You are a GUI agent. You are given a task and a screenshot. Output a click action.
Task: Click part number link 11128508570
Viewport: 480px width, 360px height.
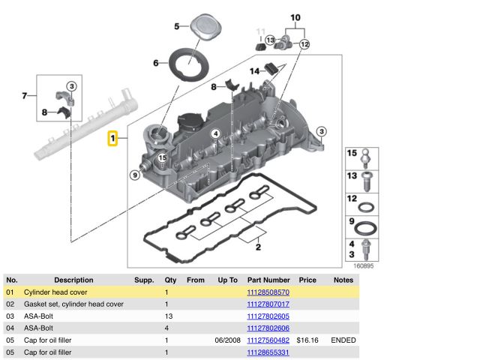point(268,292)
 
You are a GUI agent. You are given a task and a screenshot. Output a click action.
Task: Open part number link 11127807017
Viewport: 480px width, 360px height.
point(268,304)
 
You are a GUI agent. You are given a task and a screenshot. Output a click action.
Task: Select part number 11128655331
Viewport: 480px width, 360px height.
point(268,352)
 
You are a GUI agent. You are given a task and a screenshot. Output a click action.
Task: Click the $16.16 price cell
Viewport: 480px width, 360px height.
point(307,340)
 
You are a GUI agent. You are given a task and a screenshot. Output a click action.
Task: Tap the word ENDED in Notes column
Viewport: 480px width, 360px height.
point(343,340)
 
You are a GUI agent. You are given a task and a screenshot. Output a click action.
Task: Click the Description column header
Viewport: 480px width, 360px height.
point(73,280)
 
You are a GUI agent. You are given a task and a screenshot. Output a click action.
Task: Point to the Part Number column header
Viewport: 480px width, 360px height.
point(268,280)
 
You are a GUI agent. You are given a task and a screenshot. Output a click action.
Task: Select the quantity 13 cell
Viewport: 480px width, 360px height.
point(168,316)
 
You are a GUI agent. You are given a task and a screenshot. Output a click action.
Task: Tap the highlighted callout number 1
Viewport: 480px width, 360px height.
point(112,139)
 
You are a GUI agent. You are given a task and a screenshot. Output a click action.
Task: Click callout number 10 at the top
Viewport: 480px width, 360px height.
point(295,16)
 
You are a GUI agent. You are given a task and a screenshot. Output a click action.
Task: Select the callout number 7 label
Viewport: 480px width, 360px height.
point(24,95)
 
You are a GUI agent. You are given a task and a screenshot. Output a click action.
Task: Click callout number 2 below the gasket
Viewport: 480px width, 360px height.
point(257,245)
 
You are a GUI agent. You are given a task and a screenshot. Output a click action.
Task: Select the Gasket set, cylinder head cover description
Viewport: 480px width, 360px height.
point(73,304)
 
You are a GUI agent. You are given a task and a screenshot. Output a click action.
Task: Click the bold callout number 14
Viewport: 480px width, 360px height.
point(255,72)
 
